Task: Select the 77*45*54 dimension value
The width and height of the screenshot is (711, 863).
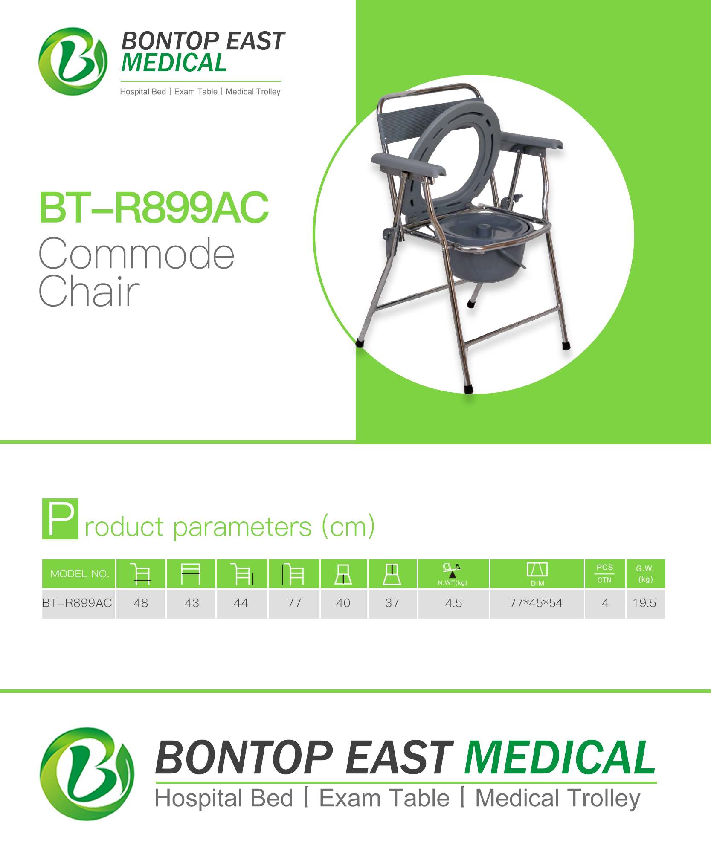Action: pyautogui.click(x=536, y=603)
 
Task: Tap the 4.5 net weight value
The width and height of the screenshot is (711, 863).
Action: pyautogui.click(x=453, y=603)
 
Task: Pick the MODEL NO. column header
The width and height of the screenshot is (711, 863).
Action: pyautogui.click(x=79, y=573)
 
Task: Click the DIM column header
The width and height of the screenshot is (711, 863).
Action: pyautogui.click(x=537, y=573)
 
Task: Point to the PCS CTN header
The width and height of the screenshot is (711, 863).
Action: pyautogui.click(x=605, y=573)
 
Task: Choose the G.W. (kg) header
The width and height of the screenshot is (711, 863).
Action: pyautogui.click(x=645, y=573)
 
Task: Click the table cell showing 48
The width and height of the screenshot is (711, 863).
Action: pyautogui.click(x=141, y=603)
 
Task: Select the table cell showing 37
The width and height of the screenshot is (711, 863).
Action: pyautogui.click(x=392, y=603)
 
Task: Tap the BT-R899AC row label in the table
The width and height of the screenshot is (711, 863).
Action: pyautogui.click(x=77, y=603)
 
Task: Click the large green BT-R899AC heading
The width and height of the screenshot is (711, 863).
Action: pyautogui.click(x=154, y=208)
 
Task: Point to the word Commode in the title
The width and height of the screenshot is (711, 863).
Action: pyautogui.click(x=136, y=254)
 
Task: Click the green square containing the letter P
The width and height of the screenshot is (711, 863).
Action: pyautogui.click(x=60, y=518)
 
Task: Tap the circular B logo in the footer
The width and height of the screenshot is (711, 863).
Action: pyautogui.click(x=87, y=774)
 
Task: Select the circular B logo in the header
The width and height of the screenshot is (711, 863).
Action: pyautogui.click(x=73, y=61)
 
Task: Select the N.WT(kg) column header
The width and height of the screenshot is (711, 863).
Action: pyautogui.click(x=453, y=573)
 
